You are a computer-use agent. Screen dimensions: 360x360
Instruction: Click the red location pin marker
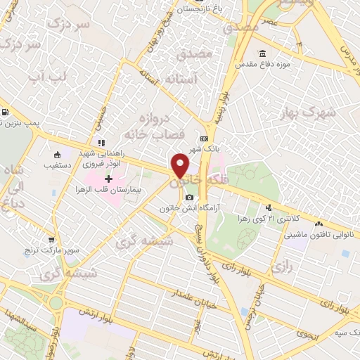181,165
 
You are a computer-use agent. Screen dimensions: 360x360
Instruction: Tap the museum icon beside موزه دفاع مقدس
262,54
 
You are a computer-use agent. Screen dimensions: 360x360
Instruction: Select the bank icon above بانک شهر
203,139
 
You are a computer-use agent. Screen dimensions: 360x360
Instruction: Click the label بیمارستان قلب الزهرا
108,191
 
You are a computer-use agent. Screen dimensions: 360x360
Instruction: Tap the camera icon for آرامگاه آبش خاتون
188,196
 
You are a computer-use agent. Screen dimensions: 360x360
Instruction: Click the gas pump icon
6,112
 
